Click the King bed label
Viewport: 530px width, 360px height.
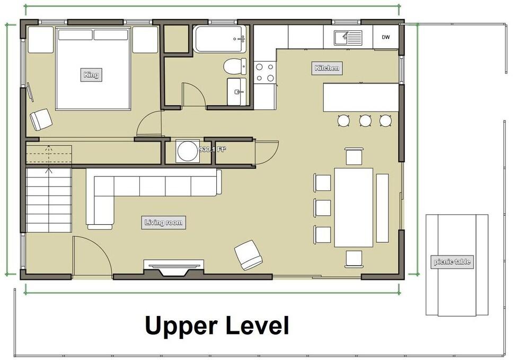tap(91, 75)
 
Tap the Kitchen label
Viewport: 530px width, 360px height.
tap(327, 68)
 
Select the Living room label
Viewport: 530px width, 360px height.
tap(164, 223)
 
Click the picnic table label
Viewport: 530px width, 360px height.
tap(452, 261)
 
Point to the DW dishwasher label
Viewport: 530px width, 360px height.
tap(386, 37)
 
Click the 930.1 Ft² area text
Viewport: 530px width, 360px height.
tap(213, 149)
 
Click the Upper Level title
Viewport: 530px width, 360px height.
tap(217, 325)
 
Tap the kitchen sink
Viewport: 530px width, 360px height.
tap(348, 38)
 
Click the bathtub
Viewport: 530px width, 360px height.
tap(220, 39)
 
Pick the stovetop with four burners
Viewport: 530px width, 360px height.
tap(265, 72)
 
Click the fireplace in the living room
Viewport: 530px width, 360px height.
tap(174, 267)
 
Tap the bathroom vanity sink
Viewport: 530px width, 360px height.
tap(236, 92)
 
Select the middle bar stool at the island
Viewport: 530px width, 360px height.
tap(365, 120)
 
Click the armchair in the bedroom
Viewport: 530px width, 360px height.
tap(41, 119)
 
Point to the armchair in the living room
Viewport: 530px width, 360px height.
tap(249, 255)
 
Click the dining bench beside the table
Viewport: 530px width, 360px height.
tap(382, 208)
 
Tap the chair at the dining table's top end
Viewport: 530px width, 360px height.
tap(354, 156)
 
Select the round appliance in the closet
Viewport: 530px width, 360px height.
tap(187, 151)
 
